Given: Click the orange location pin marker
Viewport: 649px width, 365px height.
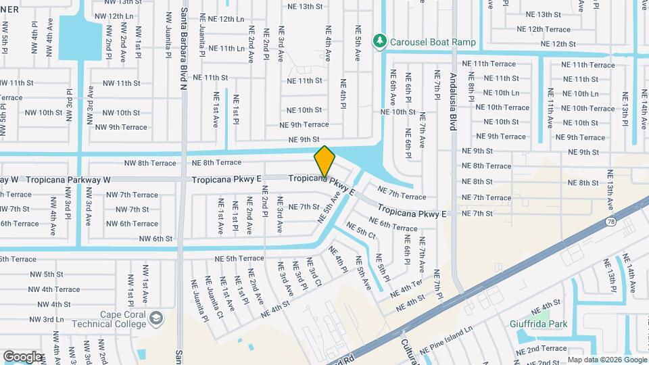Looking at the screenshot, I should point(324,161).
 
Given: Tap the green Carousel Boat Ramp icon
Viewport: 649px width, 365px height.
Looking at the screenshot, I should point(380,42).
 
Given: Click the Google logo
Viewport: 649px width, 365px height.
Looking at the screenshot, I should point(22,356).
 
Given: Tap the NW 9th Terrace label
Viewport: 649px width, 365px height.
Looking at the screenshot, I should point(121,127).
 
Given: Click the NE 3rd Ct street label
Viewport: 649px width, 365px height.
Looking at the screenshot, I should point(314,272).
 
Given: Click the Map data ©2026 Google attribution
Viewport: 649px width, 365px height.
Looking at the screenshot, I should point(606,360).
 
